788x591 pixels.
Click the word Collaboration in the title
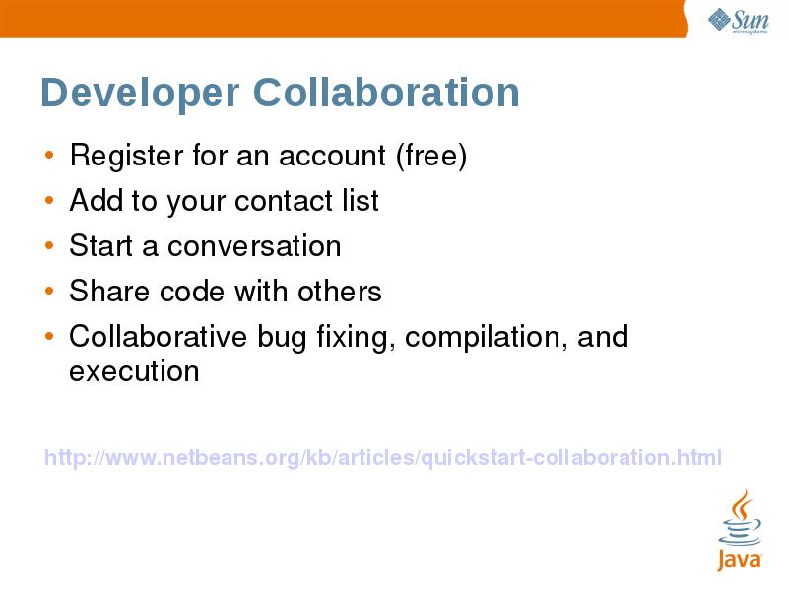[386, 94]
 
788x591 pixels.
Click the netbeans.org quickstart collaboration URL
[383, 457]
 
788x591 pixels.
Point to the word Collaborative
[158, 337]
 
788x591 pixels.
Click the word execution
[134, 371]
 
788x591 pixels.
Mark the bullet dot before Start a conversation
[49, 246]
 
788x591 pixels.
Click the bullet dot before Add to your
[49, 201]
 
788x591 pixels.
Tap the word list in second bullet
[361, 201]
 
